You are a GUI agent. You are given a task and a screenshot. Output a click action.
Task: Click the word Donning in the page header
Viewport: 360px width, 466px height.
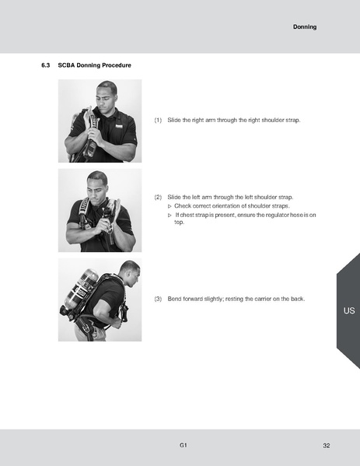[305, 27]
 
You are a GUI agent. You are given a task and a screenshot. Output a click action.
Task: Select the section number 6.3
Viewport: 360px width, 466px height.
[45, 65]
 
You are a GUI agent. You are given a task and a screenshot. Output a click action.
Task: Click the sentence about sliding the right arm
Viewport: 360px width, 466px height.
[233, 121]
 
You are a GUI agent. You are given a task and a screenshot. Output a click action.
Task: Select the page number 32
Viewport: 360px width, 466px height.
[326, 445]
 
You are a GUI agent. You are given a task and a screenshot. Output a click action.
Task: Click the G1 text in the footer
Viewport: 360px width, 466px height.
[183, 445]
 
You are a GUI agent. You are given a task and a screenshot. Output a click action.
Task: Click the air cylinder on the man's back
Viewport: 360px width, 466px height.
[80, 293]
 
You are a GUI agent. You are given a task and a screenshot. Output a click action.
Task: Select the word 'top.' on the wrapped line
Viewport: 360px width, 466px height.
[179, 222]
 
